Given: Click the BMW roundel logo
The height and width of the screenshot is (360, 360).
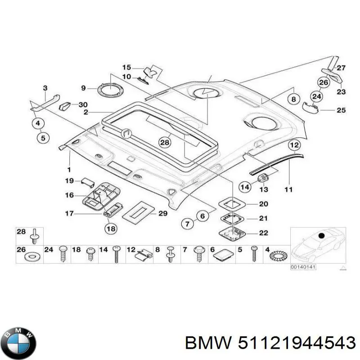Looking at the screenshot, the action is tap(20, 343).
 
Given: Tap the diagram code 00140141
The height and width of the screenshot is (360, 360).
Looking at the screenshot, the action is tap(303, 267).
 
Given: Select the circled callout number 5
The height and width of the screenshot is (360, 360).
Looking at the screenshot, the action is tap(43, 138).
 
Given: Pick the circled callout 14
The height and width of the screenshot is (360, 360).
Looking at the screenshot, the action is tap(245, 187).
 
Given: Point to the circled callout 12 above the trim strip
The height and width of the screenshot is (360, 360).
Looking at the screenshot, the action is tap(295, 145).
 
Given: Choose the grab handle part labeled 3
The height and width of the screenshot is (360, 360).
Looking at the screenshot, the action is tap(45, 102).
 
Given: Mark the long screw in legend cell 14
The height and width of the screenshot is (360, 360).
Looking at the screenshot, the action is tap(117, 254).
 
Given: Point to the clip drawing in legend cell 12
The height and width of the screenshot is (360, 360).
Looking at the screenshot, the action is tap(144, 254).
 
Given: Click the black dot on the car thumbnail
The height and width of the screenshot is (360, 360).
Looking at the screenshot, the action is tap(321, 235).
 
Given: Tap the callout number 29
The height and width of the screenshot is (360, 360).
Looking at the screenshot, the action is tap(163, 213).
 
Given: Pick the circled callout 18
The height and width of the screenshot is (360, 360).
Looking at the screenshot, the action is tap(111, 229).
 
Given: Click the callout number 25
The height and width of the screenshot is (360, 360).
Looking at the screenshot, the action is tap(341, 110).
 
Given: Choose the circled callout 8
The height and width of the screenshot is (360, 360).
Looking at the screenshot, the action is tap(294, 99).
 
